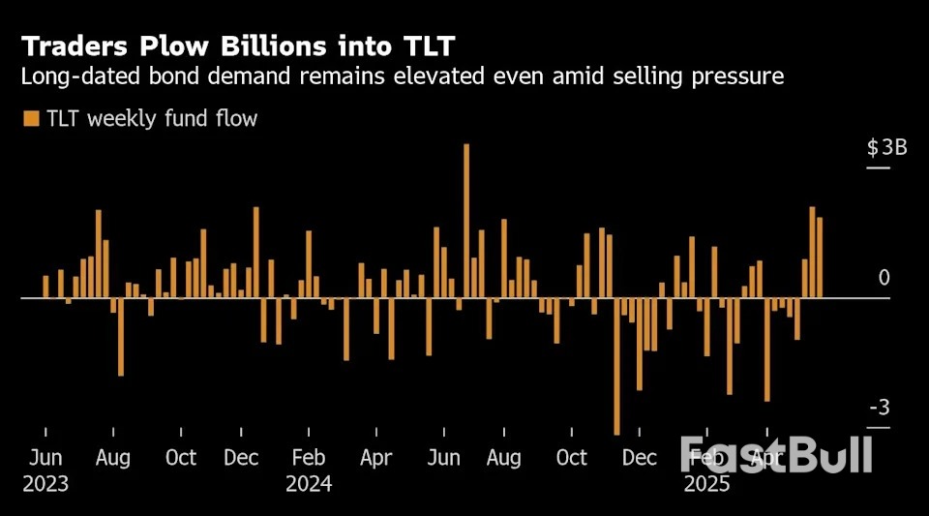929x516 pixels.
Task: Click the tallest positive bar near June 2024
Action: click(x=466, y=221)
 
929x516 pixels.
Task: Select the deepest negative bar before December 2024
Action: click(x=616, y=365)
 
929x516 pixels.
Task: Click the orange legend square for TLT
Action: click(x=31, y=119)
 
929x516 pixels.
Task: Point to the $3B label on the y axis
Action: click(x=886, y=148)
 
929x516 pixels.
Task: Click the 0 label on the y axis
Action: click(x=884, y=279)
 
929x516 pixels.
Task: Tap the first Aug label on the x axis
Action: click(x=113, y=458)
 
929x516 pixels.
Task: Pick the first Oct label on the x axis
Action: click(x=180, y=458)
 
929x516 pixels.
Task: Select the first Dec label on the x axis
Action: click(x=240, y=458)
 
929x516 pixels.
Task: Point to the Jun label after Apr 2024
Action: click(x=444, y=458)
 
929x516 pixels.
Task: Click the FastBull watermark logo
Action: click(x=776, y=454)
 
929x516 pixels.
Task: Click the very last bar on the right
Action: click(x=820, y=258)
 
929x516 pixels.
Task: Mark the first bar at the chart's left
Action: click(x=45, y=287)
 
